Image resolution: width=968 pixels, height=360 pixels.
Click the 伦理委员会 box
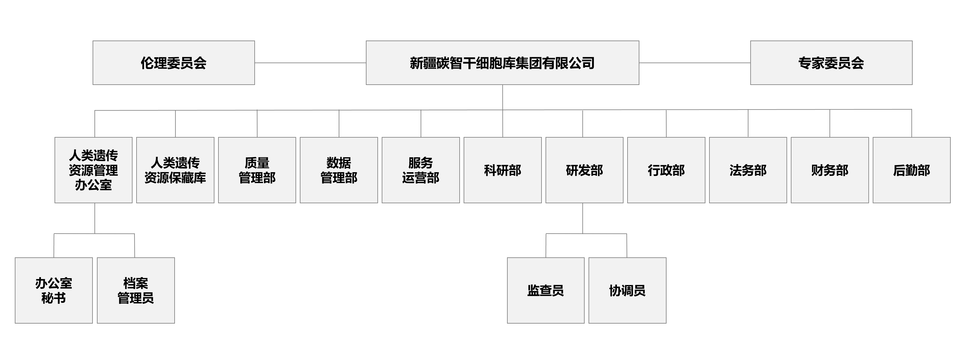click(x=174, y=63)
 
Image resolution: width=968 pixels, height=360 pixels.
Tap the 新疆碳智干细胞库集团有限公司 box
click(x=502, y=63)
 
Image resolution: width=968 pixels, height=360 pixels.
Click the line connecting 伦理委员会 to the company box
click(x=310, y=63)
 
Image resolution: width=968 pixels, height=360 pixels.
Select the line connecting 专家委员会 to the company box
click(x=695, y=63)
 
